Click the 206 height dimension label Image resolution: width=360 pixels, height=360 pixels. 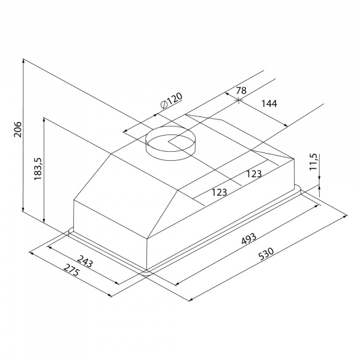(x=17, y=130)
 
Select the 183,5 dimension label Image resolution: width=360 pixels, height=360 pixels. (x=37, y=169)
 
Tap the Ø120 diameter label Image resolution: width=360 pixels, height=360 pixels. (x=172, y=100)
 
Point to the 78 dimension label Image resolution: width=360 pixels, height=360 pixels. (x=241, y=91)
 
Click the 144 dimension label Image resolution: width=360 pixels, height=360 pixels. (x=269, y=104)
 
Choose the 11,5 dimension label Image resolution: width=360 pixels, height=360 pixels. (x=313, y=161)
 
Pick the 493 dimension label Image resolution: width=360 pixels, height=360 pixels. (x=249, y=239)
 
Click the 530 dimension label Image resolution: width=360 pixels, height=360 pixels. (x=266, y=253)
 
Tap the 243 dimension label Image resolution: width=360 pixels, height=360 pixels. (x=85, y=261)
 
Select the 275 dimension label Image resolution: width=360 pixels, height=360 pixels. (x=71, y=270)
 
